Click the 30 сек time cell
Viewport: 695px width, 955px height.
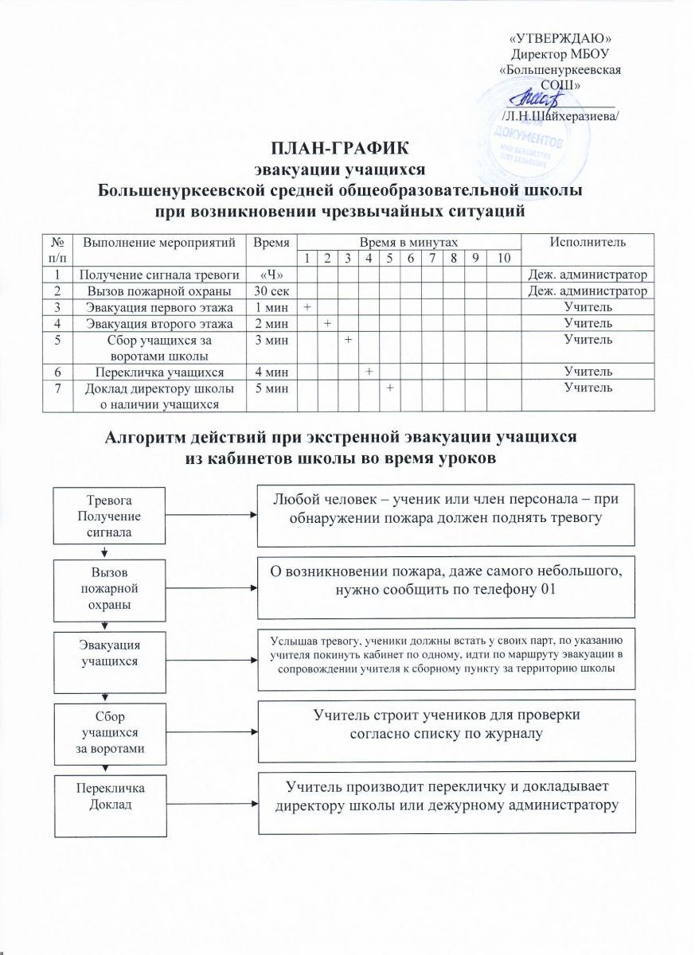[x=267, y=290]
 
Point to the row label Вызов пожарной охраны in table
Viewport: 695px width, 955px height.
[x=158, y=290]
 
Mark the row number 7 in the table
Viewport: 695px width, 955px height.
[x=57, y=388]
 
